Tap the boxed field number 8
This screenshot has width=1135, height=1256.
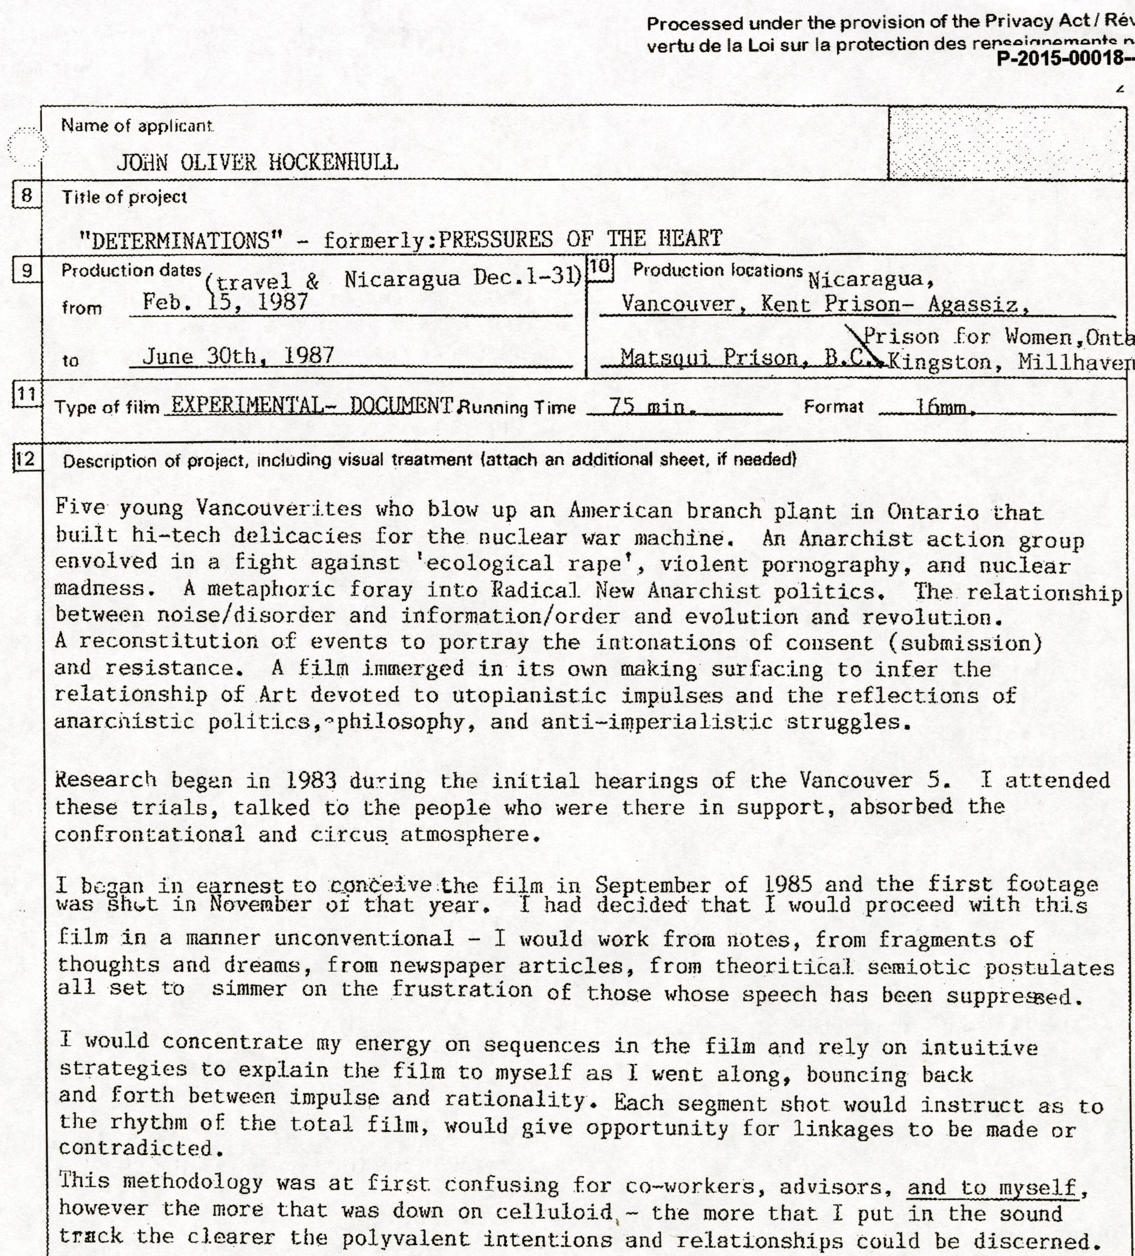[x=26, y=196]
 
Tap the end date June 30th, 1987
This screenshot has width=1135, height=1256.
[x=238, y=356]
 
